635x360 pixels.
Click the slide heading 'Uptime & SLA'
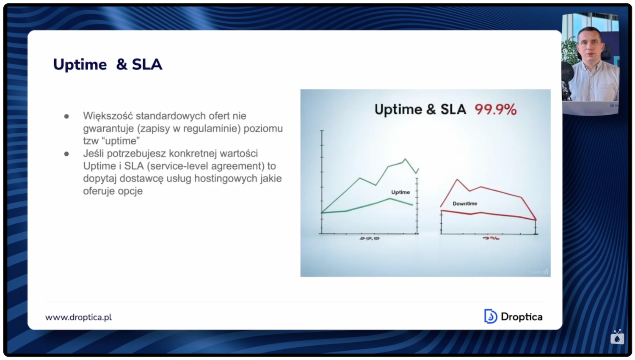(x=108, y=64)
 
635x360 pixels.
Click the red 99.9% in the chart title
(x=495, y=110)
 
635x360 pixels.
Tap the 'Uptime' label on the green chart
(x=400, y=192)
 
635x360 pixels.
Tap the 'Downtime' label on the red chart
(x=465, y=203)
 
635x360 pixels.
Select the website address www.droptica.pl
(x=79, y=317)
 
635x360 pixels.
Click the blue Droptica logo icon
(x=490, y=316)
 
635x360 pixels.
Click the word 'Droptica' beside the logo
(x=521, y=317)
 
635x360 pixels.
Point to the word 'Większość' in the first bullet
(x=108, y=116)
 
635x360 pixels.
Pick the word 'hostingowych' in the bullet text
(x=222, y=179)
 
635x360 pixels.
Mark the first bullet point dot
(x=66, y=116)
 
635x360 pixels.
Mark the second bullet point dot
(x=66, y=154)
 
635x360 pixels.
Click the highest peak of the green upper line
(x=405, y=159)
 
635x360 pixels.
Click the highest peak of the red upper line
(x=457, y=180)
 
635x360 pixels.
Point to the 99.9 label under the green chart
(x=370, y=239)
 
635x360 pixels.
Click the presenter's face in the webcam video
(x=590, y=47)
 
